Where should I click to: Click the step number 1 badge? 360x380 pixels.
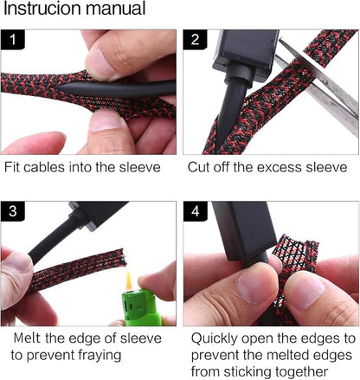(x=13, y=40)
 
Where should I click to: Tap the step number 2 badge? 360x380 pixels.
(x=195, y=40)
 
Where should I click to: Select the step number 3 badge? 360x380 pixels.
(x=13, y=211)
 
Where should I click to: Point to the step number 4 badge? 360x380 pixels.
(x=196, y=211)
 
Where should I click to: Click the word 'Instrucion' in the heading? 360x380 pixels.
(x=42, y=9)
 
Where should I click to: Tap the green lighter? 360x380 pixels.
(x=141, y=307)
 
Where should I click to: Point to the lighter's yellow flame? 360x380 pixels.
(x=129, y=280)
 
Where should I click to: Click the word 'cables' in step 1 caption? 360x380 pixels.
(x=44, y=167)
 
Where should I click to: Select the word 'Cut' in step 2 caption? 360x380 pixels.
(x=198, y=167)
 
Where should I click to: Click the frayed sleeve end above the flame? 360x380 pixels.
(x=119, y=257)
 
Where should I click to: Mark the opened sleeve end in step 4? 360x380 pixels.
(x=297, y=248)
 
